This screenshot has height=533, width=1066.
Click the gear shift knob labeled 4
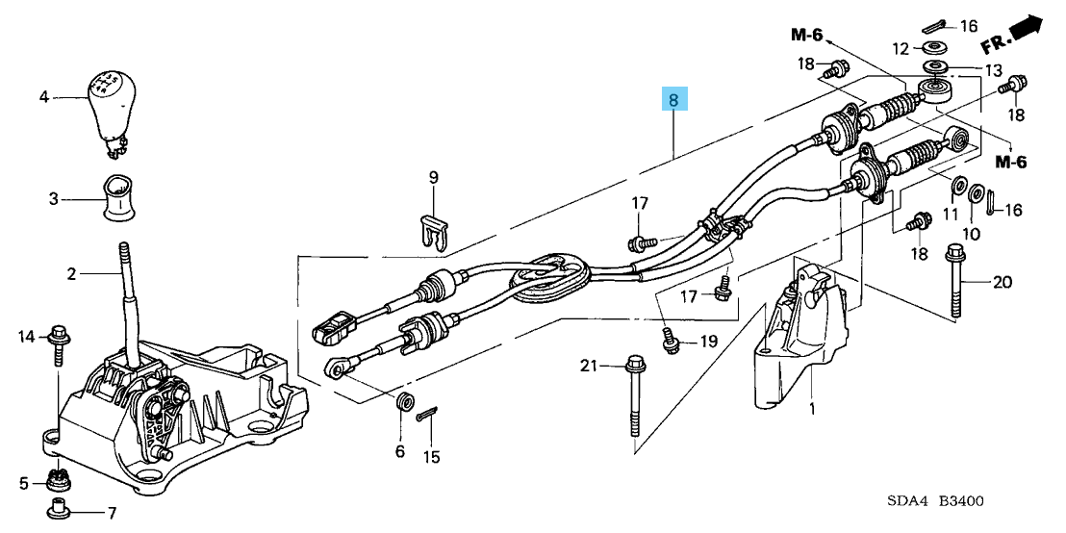coord(112,104)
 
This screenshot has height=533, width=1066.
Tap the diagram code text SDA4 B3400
coord(935,501)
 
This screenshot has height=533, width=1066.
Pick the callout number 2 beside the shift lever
coord(71,274)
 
